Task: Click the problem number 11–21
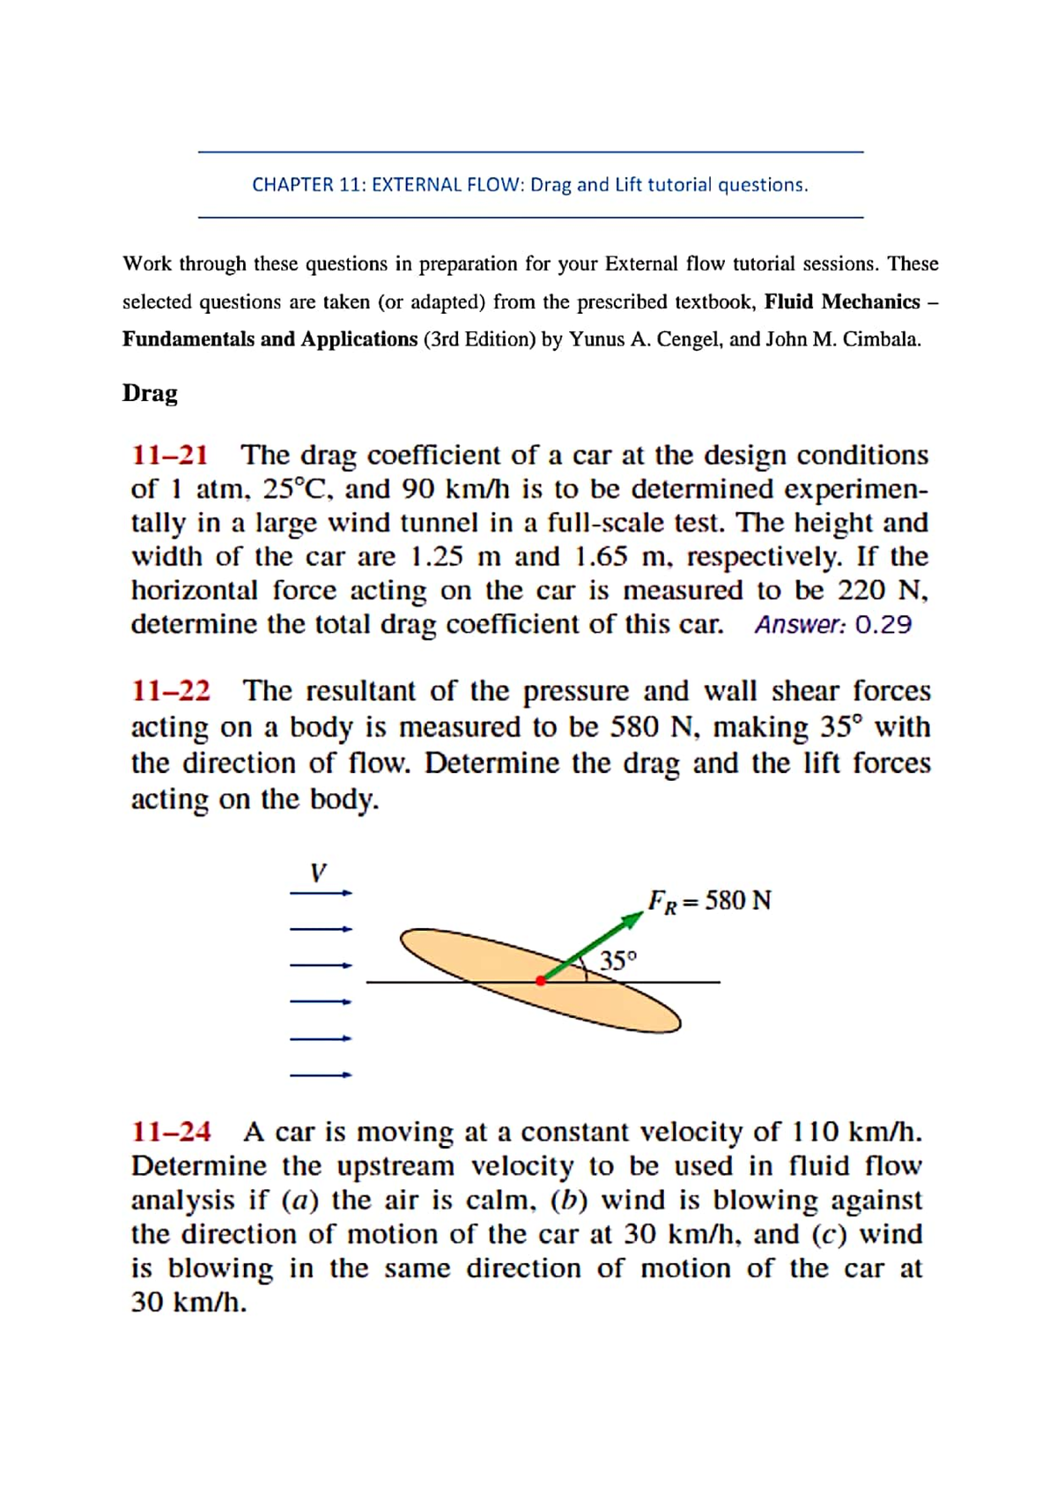click(x=170, y=455)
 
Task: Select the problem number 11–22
click(x=171, y=690)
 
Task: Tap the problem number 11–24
click(x=171, y=1131)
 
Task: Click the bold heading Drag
click(x=150, y=393)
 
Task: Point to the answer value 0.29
click(x=883, y=625)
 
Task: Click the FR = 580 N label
click(x=709, y=901)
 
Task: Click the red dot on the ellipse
click(x=541, y=980)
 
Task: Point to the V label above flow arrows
click(x=318, y=873)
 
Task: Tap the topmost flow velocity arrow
click(x=321, y=893)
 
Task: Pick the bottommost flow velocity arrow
click(x=321, y=1074)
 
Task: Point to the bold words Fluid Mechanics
click(x=842, y=301)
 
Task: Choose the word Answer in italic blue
click(x=799, y=625)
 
